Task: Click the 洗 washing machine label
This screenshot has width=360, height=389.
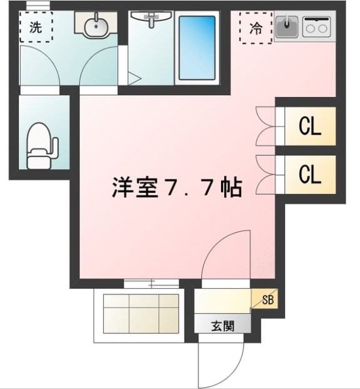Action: click(x=36, y=27)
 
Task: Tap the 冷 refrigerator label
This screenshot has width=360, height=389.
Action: click(x=255, y=28)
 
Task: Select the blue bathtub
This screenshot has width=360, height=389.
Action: click(x=197, y=48)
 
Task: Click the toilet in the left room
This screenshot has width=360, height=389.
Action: click(x=41, y=146)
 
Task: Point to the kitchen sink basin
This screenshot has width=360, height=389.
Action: click(x=287, y=26)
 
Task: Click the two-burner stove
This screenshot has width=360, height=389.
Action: click(x=316, y=26)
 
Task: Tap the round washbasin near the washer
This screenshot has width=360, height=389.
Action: click(x=96, y=25)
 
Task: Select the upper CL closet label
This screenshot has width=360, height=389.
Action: click(x=310, y=126)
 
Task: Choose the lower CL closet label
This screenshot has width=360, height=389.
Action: click(x=310, y=174)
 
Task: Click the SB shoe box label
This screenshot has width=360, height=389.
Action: click(x=268, y=299)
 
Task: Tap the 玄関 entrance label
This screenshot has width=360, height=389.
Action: click(x=223, y=326)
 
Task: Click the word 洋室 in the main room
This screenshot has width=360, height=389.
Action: click(x=135, y=187)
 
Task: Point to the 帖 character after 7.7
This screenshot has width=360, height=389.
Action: click(x=231, y=187)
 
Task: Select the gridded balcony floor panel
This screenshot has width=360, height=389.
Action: click(x=141, y=314)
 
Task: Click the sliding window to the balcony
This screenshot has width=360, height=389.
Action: click(x=152, y=283)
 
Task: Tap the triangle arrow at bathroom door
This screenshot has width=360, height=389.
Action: click(x=135, y=79)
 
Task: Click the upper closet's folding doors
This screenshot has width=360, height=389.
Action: click(x=265, y=126)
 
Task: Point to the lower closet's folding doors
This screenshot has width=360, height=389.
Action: click(x=265, y=174)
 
